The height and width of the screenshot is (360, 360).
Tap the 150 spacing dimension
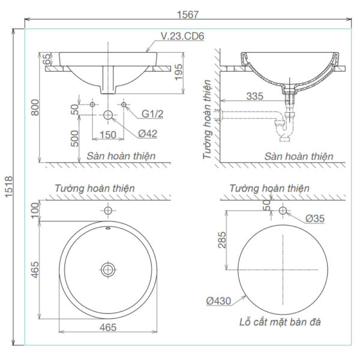[x=107, y=135]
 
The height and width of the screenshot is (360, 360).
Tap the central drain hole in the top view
[x=108, y=269]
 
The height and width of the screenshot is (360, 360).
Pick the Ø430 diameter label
[x=220, y=302]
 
